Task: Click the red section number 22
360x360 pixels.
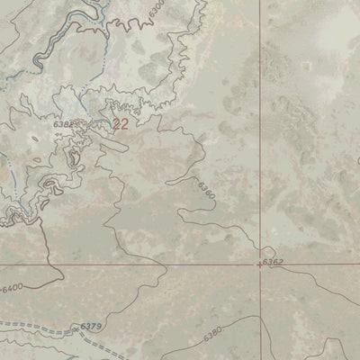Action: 121,125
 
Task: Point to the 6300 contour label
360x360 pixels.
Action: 157,11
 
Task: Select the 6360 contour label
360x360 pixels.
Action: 205,190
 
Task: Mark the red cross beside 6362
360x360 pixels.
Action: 261,265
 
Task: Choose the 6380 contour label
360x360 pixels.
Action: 212,332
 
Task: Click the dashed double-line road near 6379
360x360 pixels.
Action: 54,327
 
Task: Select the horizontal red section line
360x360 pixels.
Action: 135,265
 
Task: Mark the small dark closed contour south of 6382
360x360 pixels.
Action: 75,160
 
